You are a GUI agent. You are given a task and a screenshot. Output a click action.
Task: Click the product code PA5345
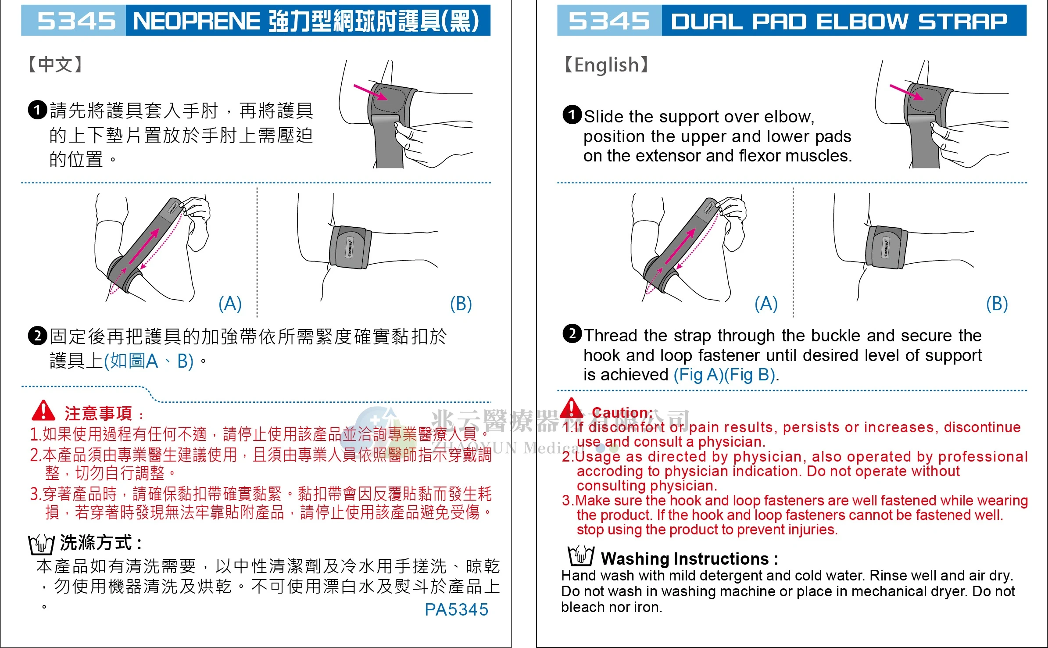coord(456,609)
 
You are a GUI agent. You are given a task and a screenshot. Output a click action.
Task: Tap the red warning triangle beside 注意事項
coord(43,411)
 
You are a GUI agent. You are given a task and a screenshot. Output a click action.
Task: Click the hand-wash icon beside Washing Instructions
coord(581,556)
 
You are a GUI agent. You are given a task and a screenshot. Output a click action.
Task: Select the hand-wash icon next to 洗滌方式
coord(41,544)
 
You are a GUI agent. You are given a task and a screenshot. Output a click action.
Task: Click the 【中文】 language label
coord(55,64)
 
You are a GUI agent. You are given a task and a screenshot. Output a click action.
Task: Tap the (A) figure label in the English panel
coord(766,304)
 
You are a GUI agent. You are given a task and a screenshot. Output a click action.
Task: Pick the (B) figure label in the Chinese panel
coord(461,304)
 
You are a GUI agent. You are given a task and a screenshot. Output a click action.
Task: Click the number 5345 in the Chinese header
coord(76,21)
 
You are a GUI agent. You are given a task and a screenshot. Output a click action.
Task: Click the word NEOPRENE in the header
coord(197,21)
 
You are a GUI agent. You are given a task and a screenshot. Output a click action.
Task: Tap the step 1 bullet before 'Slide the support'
coord(572,115)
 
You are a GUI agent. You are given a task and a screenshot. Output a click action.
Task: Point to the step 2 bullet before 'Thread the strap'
coord(572,334)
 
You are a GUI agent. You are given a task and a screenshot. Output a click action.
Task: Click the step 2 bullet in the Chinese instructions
coord(37,336)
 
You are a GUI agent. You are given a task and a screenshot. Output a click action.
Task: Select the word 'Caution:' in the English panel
coord(622,412)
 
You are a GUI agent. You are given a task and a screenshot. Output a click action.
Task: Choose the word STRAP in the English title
coord(963,21)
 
